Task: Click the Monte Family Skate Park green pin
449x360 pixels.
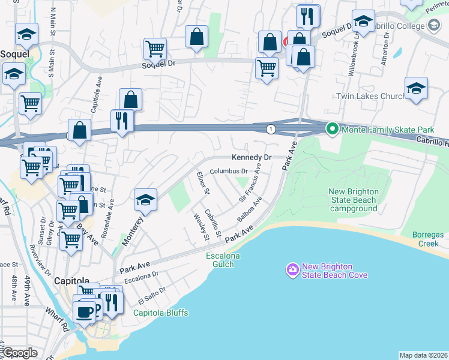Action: tap(331, 129)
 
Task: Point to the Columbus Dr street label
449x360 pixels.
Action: tap(229, 172)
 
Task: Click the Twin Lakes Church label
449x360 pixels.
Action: tap(370, 96)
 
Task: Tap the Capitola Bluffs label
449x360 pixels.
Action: tap(160, 313)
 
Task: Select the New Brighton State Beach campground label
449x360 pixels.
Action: tap(354, 200)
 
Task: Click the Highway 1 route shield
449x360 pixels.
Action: tap(271, 129)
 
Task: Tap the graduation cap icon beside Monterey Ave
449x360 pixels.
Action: tap(145, 200)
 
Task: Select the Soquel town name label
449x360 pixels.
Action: tap(15, 54)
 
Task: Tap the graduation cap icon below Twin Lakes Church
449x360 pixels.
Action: tap(416, 89)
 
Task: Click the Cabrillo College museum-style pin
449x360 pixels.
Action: tap(434, 26)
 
